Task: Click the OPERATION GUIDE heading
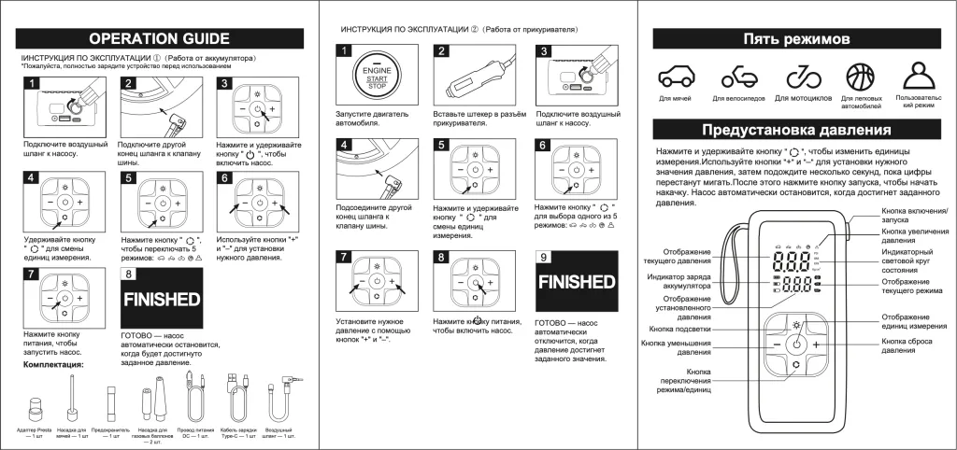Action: point(159,38)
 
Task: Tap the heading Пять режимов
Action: point(796,39)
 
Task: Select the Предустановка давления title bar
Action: point(796,129)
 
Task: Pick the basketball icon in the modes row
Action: point(860,77)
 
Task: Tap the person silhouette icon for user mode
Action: point(919,76)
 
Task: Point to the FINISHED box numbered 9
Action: point(576,281)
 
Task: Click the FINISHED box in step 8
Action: point(163,300)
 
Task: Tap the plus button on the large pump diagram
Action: point(817,345)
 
